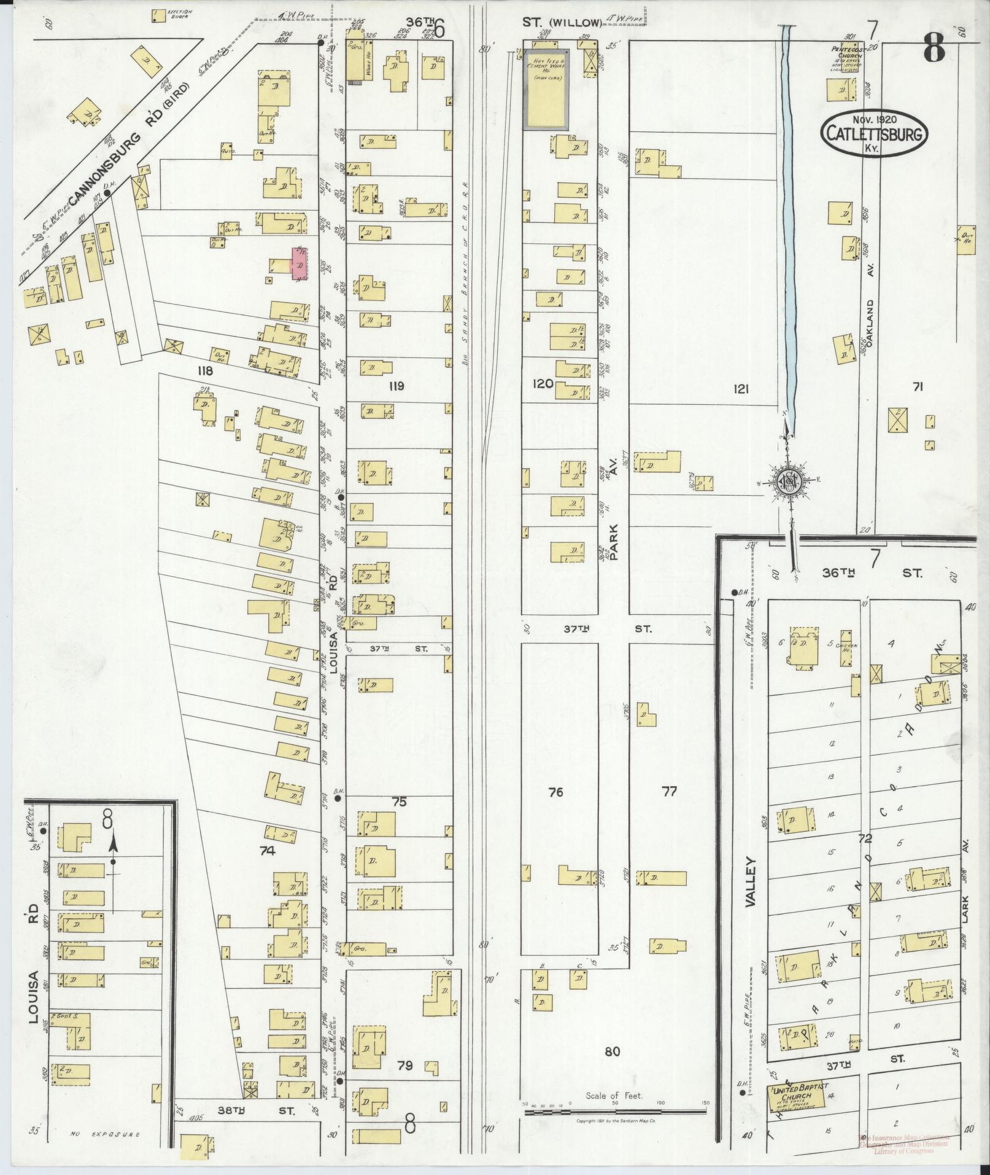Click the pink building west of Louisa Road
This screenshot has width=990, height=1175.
tap(299, 263)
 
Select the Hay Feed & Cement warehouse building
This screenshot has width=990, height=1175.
tap(546, 90)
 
